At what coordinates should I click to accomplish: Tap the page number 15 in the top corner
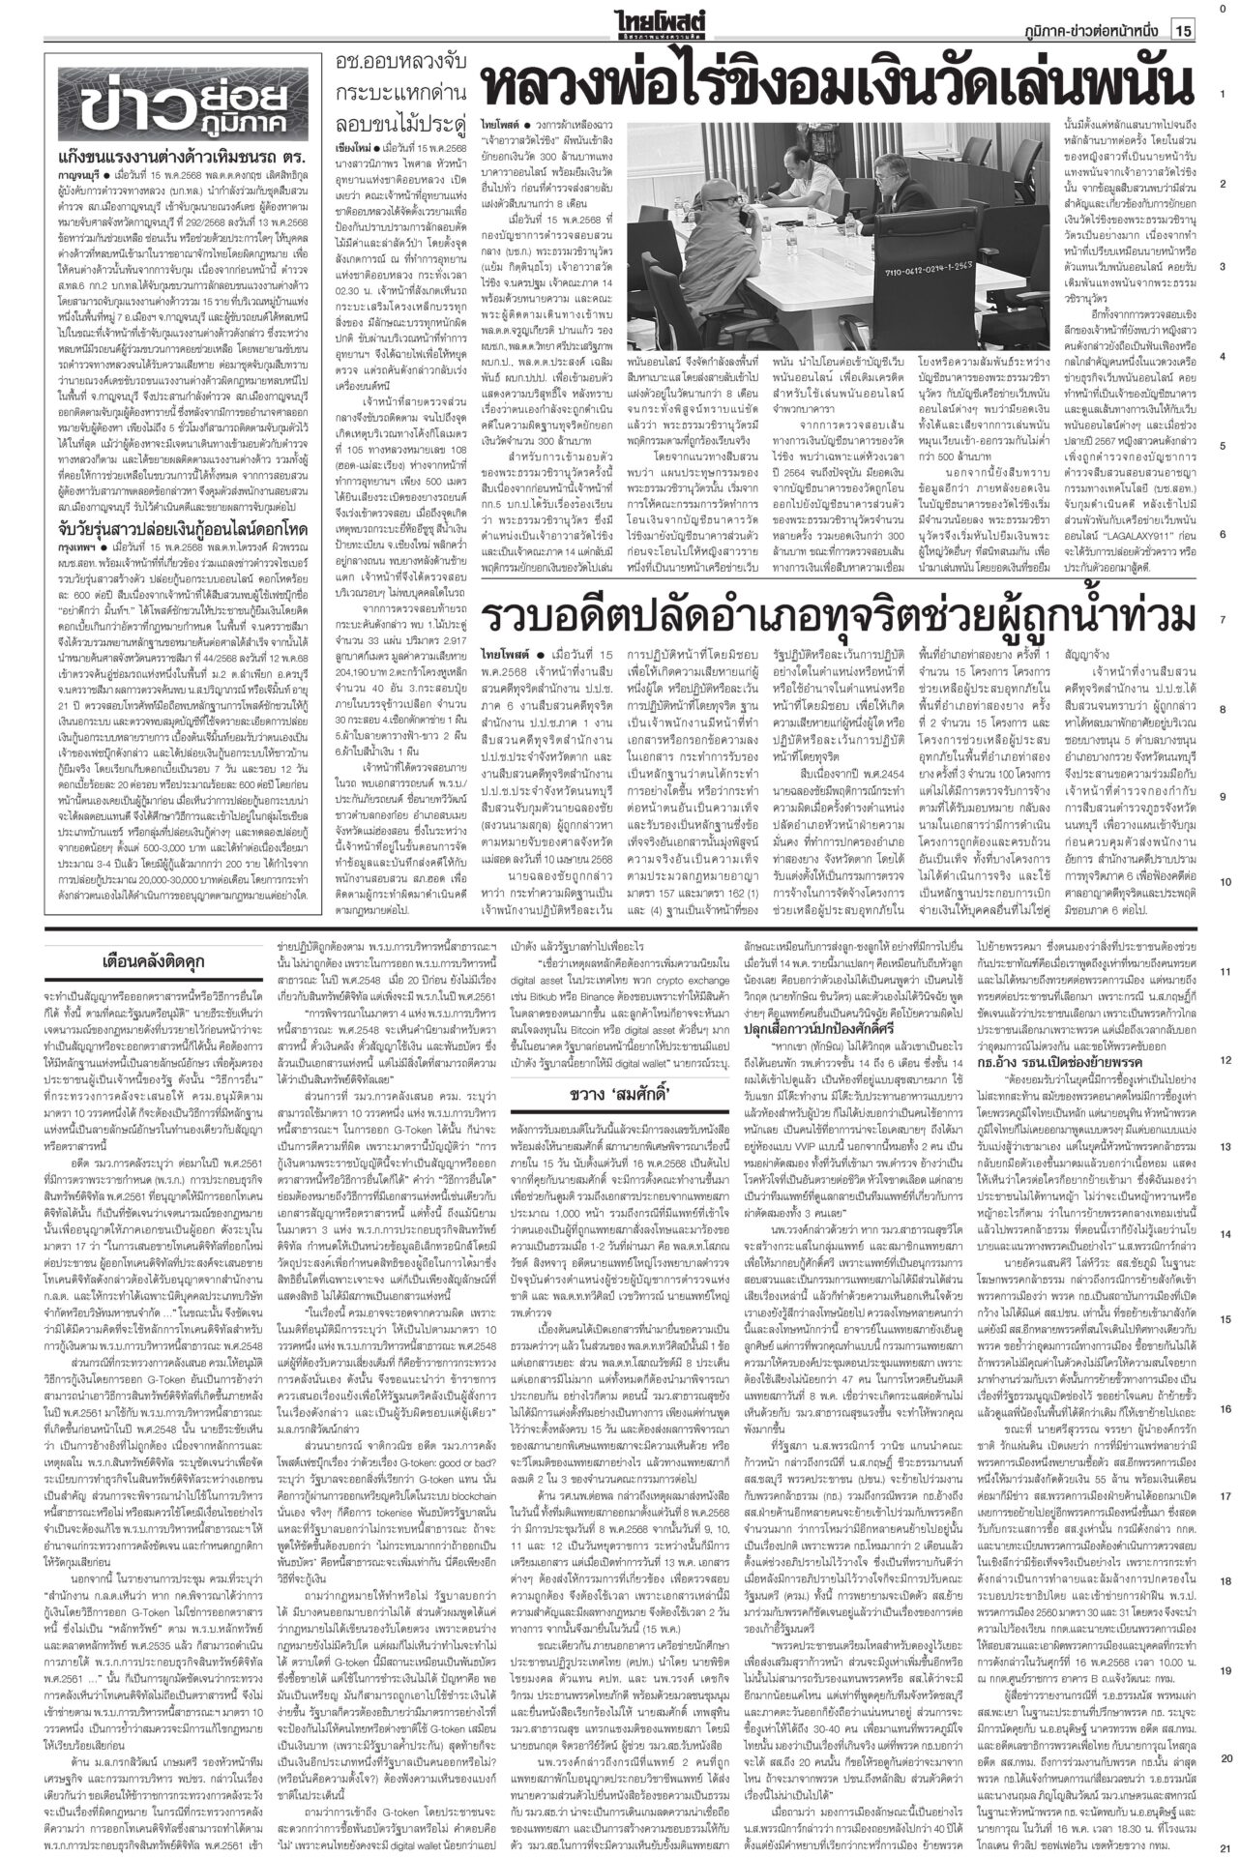1182,32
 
